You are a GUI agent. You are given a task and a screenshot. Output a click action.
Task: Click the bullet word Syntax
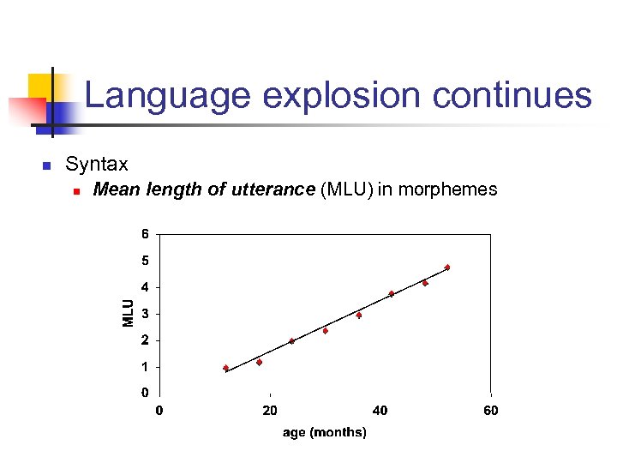[97, 164]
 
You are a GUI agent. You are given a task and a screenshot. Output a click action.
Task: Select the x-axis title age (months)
[325, 432]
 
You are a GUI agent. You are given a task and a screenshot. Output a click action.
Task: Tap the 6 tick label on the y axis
[145, 233]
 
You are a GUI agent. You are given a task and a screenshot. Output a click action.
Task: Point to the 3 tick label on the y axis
[145, 314]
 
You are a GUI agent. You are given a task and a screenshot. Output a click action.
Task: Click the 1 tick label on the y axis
[145, 367]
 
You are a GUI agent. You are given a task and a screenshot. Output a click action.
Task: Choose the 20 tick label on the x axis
[270, 411]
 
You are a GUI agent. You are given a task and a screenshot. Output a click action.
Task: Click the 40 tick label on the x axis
[380, 411]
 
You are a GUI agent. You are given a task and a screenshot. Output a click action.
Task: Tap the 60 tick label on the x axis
[490, 411]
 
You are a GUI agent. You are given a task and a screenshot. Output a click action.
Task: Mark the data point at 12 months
[226, 368]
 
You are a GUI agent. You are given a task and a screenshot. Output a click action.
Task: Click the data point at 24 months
[292, 340]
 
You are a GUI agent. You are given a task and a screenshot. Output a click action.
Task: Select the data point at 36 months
[359, 315]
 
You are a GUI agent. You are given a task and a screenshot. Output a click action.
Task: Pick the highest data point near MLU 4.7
[447, 268]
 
